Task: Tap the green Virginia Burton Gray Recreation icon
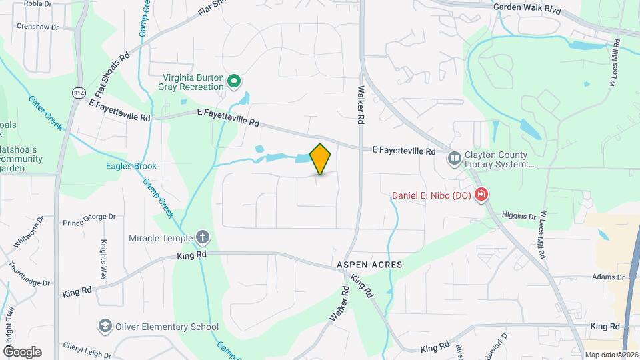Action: (x=234, y=82)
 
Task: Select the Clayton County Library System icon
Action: (x=455, y=158)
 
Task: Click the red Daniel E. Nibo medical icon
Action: (x=481, y=195)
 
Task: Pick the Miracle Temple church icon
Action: (x=203, y=238)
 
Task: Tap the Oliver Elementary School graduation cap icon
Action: (x=105, y=327)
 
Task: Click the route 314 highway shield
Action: (x=79, y=93)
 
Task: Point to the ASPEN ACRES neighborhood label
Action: (x=369, y=265)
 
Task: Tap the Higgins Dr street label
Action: (x=519, y=217)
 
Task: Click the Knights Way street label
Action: (x=104, y=259)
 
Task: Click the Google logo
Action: (x=21, y=352)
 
